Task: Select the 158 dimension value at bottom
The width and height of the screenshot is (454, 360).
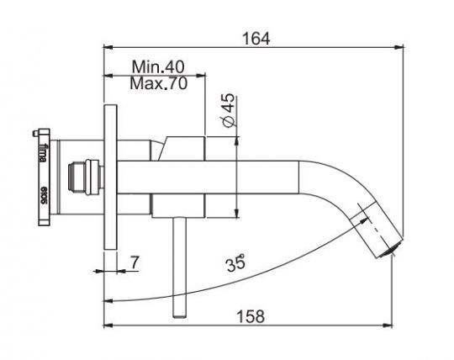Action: coord(250,316)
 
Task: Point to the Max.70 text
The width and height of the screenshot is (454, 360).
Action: coord(157,83)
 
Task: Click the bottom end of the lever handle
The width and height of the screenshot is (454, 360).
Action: coord(179,315)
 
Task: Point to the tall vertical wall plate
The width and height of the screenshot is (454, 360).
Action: coord(110,177)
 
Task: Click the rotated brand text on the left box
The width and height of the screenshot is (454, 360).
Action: coord(45,156)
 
